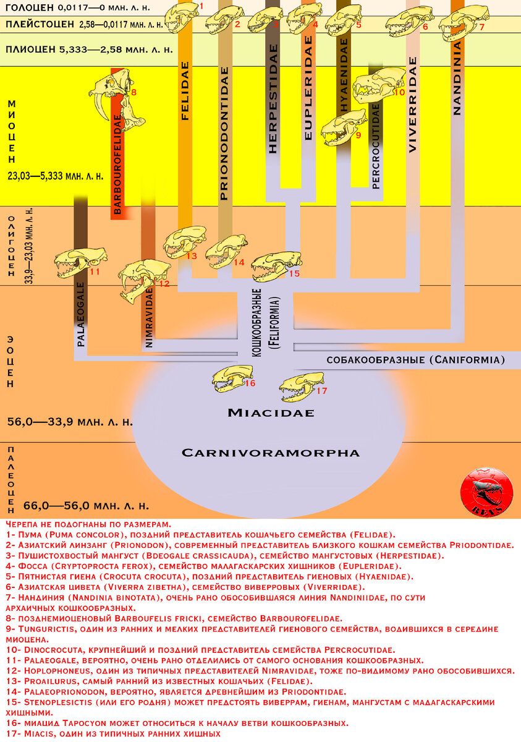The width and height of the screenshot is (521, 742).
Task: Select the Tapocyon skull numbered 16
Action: (x=230, y=378)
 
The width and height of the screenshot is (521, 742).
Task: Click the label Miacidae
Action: (x=270, y=412)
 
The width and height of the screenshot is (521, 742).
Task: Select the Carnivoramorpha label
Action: (x=270, y=453)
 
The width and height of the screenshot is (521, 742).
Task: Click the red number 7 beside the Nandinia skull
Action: (x=481, y=27)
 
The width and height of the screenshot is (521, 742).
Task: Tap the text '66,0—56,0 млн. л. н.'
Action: (x=86, y=505)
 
